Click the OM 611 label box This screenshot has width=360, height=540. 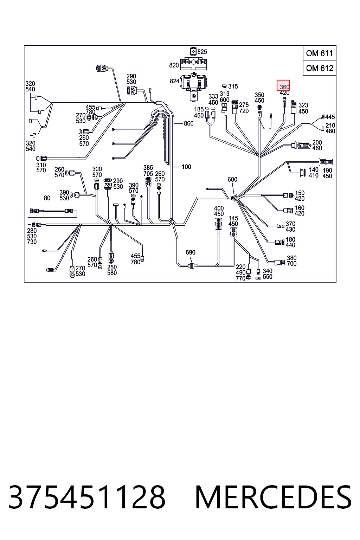[x=320, y=53]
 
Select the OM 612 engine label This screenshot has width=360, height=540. [x=320, y=68]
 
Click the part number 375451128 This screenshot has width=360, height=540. [x=87, y=497]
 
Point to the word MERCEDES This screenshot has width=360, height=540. [x=273, y=497]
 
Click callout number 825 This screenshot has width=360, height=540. [x=202, y=52]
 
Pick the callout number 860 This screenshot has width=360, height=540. [x=188, y=123]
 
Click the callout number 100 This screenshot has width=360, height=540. [x=186, y=167]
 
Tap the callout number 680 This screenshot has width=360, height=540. [x=232, y=179]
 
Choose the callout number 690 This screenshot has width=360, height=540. [x=190, y=252]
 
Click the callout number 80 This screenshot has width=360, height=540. [x=47, y=198]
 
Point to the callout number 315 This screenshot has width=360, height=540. [x=233, y=86]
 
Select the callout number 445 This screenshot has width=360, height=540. [x=330, y=117]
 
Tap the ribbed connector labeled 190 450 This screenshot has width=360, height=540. [x=326, y=162]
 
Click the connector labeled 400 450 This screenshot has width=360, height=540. [x=218, y=224]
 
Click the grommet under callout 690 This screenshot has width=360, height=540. [x=192, y=266]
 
